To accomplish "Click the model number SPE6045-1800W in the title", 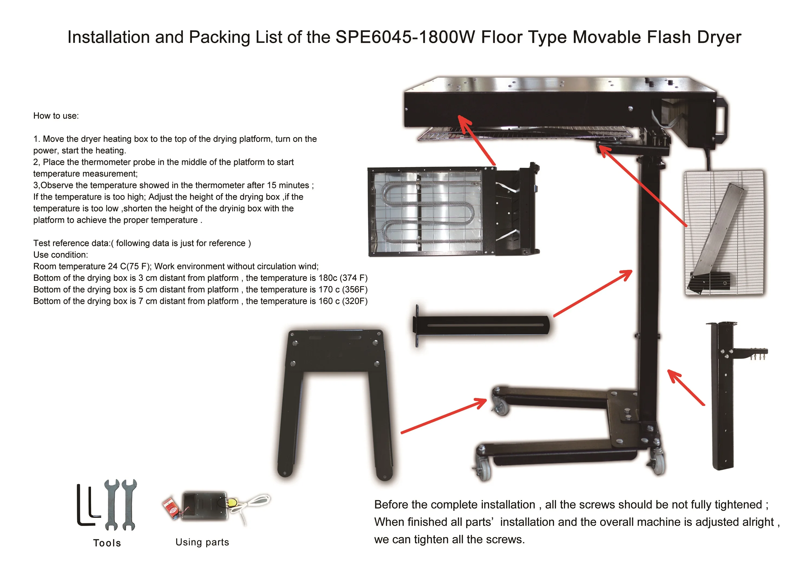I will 405,37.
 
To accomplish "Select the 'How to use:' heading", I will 56,116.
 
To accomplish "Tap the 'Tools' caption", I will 107,543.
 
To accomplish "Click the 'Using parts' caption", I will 202,542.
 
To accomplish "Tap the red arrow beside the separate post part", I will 686,387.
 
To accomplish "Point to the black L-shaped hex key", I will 85,506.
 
